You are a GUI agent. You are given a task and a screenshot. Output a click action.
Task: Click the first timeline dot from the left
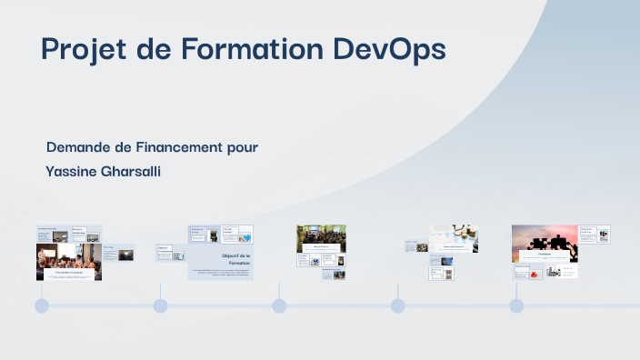41,306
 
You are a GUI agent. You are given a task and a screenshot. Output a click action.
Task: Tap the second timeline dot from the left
160,306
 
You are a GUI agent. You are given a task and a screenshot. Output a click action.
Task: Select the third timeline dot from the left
279,306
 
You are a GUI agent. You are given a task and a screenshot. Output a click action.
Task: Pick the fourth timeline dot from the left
397,306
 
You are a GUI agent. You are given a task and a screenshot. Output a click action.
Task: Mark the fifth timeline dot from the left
516,306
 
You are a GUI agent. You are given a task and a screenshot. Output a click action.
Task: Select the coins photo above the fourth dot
454,234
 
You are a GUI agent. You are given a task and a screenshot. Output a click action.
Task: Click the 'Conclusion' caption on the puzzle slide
545,255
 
